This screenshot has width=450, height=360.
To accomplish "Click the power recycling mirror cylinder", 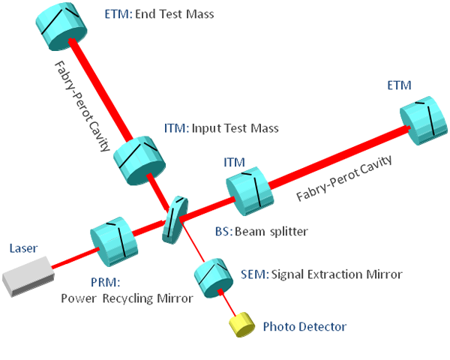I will click(x=113, y=238).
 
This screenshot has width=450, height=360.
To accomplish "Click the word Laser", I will click(x=23, y=248).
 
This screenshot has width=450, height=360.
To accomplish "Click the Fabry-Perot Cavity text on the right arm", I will click(x=346, y=179).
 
